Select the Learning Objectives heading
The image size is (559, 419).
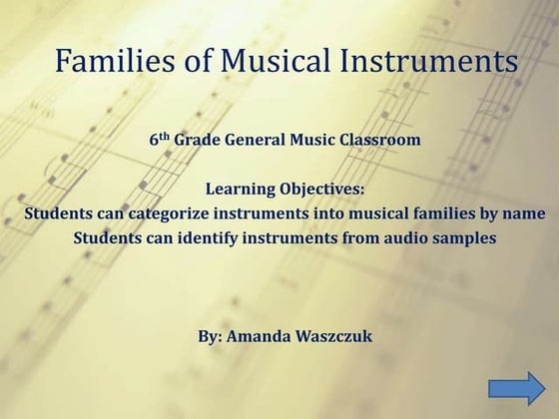coord(285,189)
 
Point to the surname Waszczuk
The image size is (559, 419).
coord(330,335)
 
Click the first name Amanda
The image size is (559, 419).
coord(256,335)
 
